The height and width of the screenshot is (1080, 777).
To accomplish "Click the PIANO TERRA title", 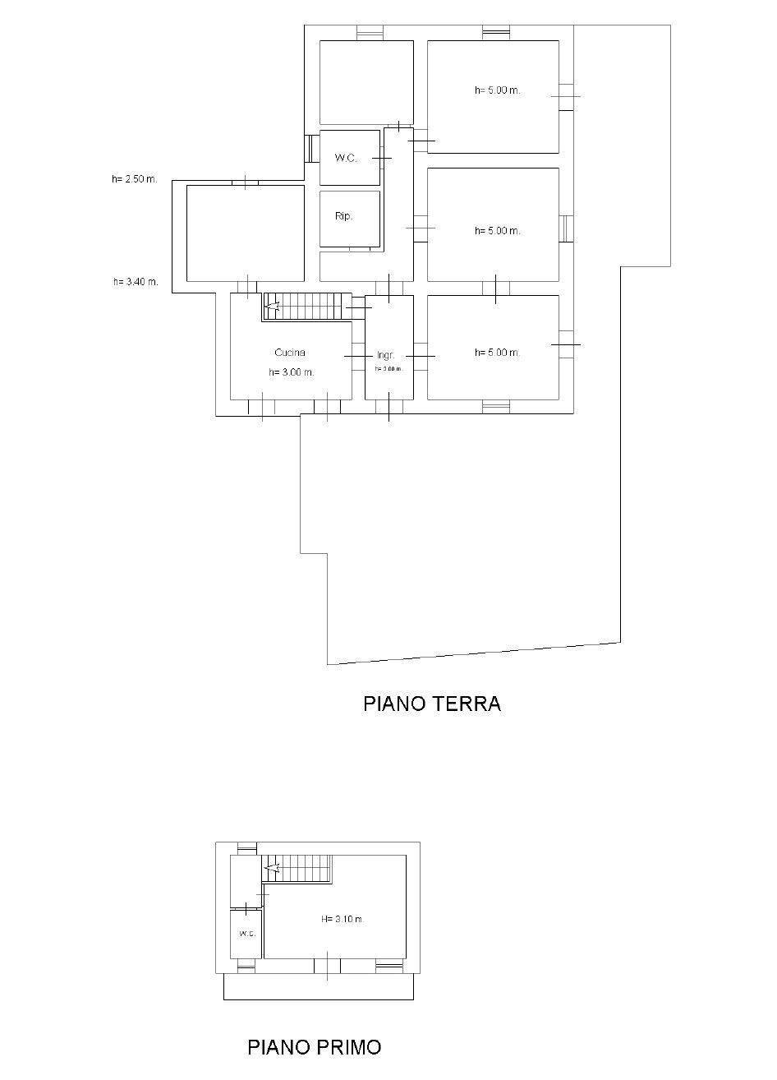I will coord(432,704).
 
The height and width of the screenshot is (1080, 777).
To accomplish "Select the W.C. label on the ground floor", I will coord(346,158).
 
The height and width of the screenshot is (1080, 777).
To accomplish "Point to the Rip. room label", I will coord(343,217).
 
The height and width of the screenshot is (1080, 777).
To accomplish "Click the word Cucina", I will coord(290,353).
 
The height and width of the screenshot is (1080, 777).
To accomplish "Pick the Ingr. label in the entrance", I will coord(386,356).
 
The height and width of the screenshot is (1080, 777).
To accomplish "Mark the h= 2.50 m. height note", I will coord(135,179).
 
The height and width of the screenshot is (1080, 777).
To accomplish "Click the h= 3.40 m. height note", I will coord(136,282).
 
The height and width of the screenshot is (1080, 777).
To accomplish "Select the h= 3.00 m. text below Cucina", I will coord(292,372).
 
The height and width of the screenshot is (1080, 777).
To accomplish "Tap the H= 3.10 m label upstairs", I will coord(342,919).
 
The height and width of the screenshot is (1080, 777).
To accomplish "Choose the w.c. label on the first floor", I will coord(246,934).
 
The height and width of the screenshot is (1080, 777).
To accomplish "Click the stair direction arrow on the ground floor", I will coord(273,307).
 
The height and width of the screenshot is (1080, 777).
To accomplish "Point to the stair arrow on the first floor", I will coord(273,867).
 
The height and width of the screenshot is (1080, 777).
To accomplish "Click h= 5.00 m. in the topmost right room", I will coord(497,90).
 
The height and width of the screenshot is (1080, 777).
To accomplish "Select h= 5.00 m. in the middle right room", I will coord(497,231).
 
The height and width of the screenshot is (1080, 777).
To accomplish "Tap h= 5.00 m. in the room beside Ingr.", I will coord(497,353).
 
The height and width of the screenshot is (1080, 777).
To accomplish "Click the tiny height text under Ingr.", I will coord(388,369).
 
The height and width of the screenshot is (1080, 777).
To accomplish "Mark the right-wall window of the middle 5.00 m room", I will coord(566,228).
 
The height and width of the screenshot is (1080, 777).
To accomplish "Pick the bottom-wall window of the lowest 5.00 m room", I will coord(496,406).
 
